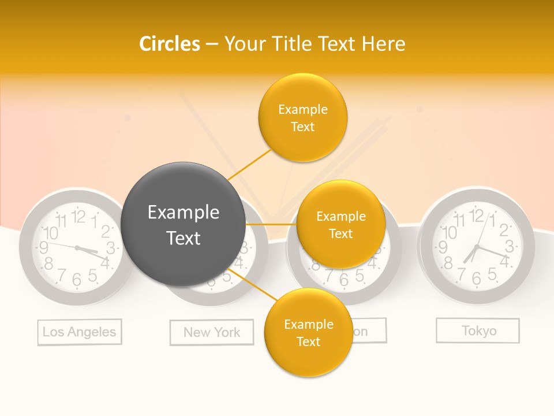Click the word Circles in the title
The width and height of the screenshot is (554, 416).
pos(169,44)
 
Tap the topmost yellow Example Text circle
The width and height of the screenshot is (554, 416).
pos(302,117)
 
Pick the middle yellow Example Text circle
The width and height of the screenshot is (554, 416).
pos(340,225)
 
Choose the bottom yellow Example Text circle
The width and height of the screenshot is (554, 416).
pos(308,333)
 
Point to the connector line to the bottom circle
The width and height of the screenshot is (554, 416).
pos(254,285)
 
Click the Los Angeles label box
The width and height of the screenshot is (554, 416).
pos(80,332)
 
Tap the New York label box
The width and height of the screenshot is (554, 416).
pos(212,332)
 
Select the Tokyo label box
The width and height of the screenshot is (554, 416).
pos(478,330)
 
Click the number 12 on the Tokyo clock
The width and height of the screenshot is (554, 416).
pos(477,216)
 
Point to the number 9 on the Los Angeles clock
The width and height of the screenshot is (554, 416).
pos(43,248)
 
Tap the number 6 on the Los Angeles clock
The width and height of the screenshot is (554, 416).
pos(77,280)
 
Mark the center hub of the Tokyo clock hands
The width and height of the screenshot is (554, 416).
pos(476,247)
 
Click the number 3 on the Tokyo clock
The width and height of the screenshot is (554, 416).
pos(509,246)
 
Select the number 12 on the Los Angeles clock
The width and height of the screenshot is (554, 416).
pos(78,217)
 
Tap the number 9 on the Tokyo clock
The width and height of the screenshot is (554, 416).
pos(443,247)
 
